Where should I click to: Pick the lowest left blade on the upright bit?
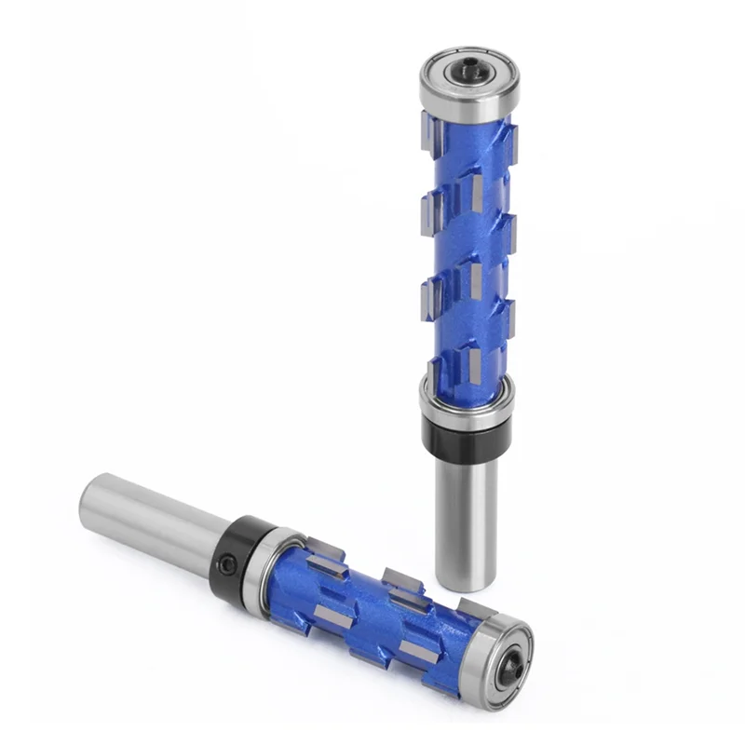433,373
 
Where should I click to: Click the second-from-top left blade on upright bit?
430,210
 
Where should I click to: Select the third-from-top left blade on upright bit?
430,294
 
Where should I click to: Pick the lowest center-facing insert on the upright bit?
475,363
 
